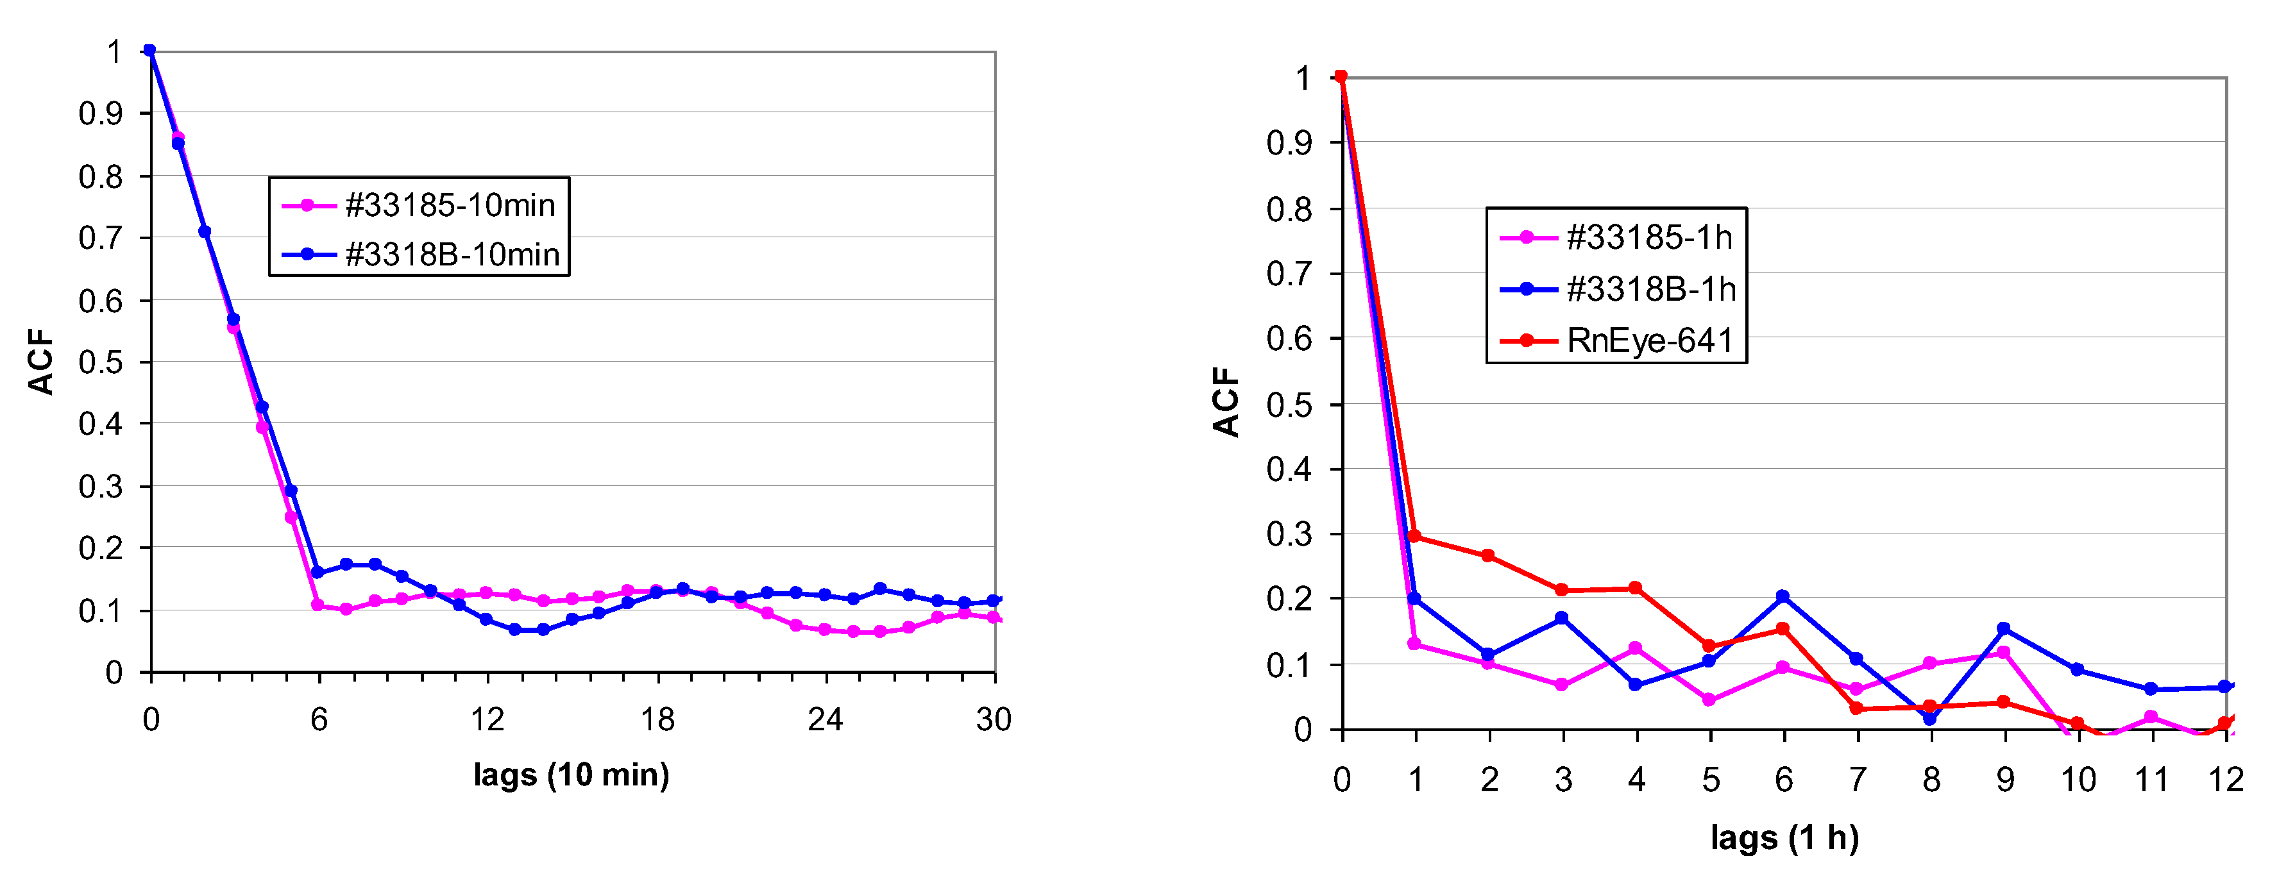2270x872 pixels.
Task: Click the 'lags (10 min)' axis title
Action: point(571,775)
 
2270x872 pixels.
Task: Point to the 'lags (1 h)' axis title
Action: point(1784,837)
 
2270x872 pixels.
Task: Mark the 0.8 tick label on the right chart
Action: point(1289,210)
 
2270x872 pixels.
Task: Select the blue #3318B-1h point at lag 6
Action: point(1783,596)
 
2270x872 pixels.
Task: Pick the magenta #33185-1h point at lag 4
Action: point(1636,648)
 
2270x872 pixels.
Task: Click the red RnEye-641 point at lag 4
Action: point(1636,587)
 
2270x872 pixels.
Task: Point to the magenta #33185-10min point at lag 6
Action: point(318,605)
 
